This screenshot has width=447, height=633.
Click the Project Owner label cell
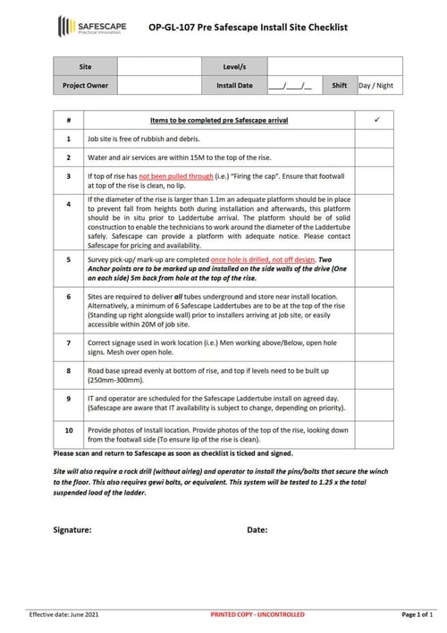point(85,86)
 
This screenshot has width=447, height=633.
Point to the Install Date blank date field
point(296,86)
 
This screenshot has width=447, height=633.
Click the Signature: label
point(72,529)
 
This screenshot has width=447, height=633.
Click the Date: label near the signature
point(257,529)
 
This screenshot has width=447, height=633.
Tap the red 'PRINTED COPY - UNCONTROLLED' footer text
point(257,615)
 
